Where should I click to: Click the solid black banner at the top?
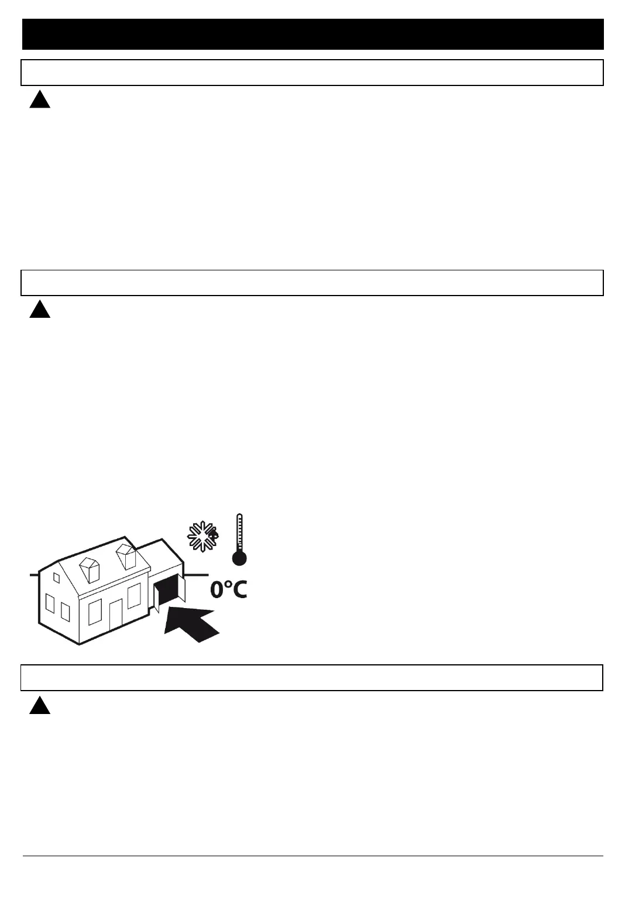[313, 34]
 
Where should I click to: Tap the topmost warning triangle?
[40, 101]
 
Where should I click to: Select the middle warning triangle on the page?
[40, 310]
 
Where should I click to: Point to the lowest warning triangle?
[40, 706]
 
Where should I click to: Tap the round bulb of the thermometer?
[239, 558]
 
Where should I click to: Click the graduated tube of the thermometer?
[239, 531]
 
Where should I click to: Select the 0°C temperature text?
[229, 589]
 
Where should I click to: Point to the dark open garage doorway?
[168, 591]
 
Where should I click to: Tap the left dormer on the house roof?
[90, 569]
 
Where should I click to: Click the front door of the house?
[116, 615]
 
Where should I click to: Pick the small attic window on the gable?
[57, 578]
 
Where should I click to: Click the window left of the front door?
[95, 613]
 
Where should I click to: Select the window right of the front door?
[134, 596]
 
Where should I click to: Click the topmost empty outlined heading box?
[313, 73]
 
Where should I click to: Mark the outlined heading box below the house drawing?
[313, 678]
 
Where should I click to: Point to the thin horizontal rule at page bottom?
[313, 856]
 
